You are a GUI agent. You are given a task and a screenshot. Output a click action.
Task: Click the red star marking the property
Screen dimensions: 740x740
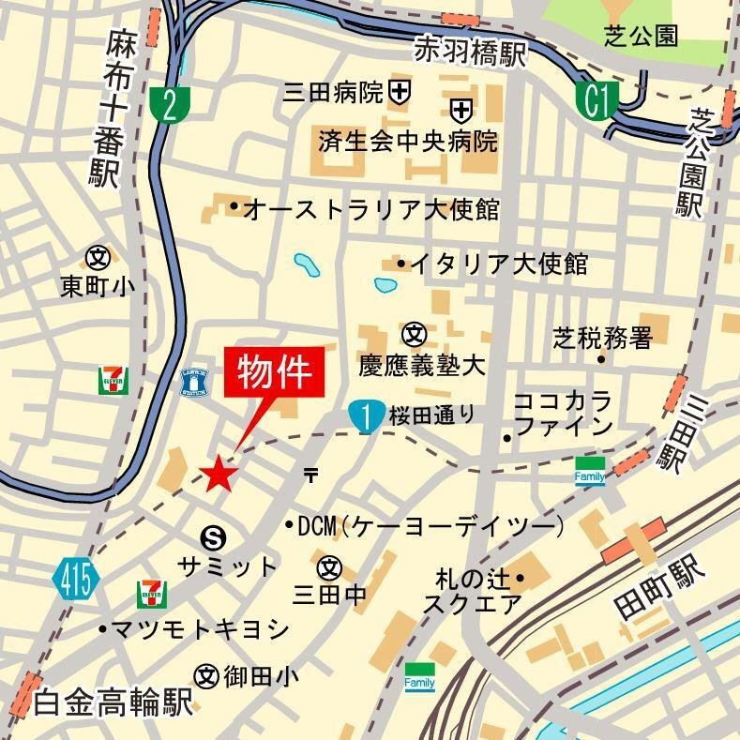pos(219,474)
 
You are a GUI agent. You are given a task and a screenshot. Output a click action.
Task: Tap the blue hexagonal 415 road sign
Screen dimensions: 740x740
pos(76,579)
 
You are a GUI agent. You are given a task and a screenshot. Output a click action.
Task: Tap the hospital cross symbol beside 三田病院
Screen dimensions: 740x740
pos(400,92)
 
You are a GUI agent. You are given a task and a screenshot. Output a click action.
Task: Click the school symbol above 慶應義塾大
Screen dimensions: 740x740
pos(415,334)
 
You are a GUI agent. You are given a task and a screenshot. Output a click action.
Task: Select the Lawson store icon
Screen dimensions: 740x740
pos(194,382)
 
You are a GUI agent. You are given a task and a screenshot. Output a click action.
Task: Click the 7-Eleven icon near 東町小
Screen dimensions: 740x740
pos(113,382)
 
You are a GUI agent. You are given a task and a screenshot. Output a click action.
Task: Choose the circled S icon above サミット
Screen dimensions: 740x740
pos(214,536)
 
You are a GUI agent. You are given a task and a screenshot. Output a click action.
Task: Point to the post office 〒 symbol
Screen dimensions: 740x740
pos(310,475)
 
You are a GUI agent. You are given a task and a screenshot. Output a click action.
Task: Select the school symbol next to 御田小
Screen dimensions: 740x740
pos(206,674)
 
